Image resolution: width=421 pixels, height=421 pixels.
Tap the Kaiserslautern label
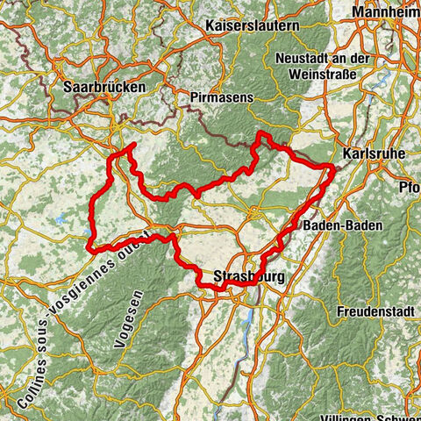click(252, 27)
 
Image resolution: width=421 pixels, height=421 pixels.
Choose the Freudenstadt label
click(373, 311)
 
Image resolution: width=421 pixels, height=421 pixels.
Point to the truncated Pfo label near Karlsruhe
click(408, 187)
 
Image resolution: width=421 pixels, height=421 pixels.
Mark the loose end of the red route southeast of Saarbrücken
click(132, 145)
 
